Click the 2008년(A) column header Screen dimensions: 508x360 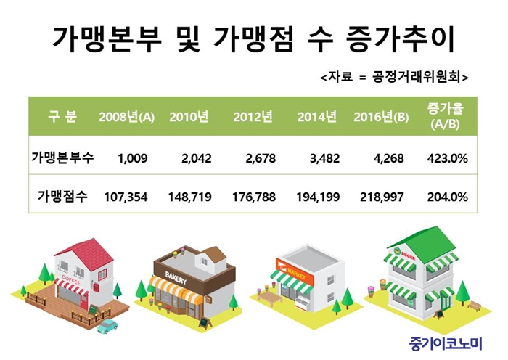point(127,117)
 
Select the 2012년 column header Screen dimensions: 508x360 point(253,117)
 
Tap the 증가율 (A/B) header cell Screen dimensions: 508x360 point(445,116)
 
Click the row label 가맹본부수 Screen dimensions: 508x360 point(62,157)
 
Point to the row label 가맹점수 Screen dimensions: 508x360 point(62,197)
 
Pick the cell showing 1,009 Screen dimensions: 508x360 point(133,158)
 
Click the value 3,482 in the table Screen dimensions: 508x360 point(324,158)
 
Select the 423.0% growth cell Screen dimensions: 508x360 point(448,158)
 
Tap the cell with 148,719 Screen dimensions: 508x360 point(190,197)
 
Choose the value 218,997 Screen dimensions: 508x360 point(382,197)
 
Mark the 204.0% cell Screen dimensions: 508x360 point(448,197)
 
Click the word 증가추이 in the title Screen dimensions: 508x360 point(400,39)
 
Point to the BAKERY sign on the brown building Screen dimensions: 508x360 point(176,278)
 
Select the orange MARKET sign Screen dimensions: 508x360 point(295,272)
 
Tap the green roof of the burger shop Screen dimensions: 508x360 point(422,245)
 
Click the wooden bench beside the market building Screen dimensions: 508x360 point(269,296)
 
